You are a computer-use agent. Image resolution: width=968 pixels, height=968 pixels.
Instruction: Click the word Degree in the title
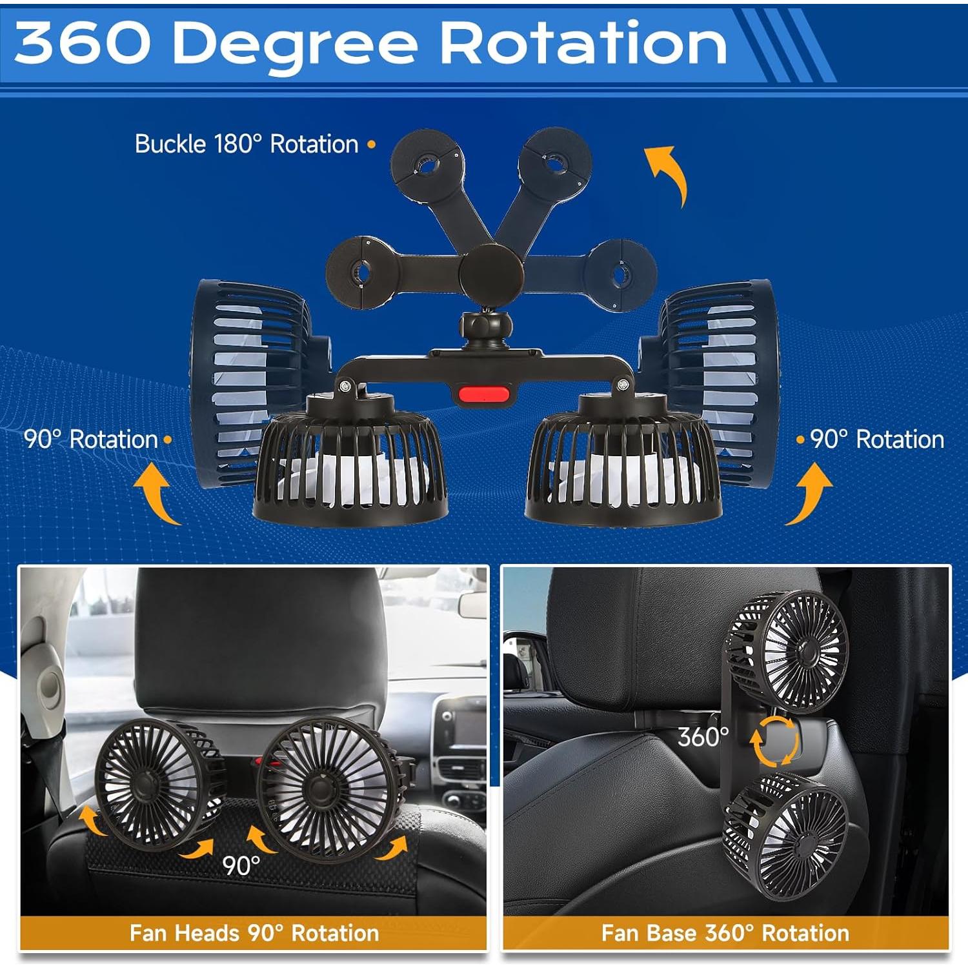296,44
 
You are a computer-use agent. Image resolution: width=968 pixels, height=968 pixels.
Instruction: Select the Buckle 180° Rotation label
246,144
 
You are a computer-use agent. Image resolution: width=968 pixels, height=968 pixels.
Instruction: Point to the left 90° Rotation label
91,439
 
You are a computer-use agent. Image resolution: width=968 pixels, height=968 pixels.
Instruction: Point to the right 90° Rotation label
877,439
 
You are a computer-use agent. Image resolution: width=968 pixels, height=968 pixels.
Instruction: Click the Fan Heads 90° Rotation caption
254,933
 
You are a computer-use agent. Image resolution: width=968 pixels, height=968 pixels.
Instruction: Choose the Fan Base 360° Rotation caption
725,933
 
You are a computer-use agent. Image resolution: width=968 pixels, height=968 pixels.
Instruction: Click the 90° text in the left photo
241,865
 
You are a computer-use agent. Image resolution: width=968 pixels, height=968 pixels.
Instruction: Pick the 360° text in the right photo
703,736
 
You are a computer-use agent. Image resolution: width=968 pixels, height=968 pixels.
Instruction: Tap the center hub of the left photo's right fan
321,787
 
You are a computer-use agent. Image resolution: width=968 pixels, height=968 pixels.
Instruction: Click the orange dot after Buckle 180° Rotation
371,145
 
